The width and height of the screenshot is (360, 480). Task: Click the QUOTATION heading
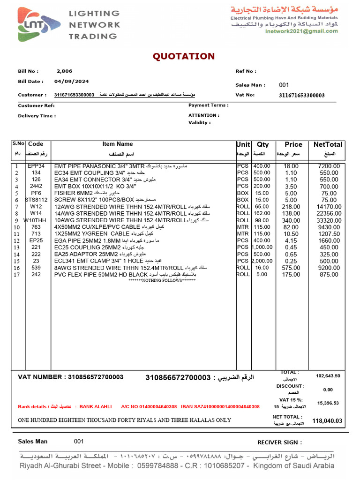tap(184, 57)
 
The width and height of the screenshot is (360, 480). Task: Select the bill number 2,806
tap(64, 71)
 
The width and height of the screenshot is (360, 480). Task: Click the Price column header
tap(293, 144)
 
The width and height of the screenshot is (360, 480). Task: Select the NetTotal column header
tap(328, 144)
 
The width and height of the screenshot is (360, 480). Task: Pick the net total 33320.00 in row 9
tap(329, 220)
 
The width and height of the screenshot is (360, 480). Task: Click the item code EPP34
tap(36, 166)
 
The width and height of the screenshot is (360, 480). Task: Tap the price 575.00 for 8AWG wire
tap(291, 268)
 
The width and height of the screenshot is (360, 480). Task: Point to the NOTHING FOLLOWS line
tap(162, 280)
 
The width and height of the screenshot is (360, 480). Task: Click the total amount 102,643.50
tap(328, 376)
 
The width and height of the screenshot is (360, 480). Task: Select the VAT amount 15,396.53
tap(328, 403)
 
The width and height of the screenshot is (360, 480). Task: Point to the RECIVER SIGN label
tap(279, 442)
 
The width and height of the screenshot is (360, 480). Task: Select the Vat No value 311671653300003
tap(301, 95)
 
